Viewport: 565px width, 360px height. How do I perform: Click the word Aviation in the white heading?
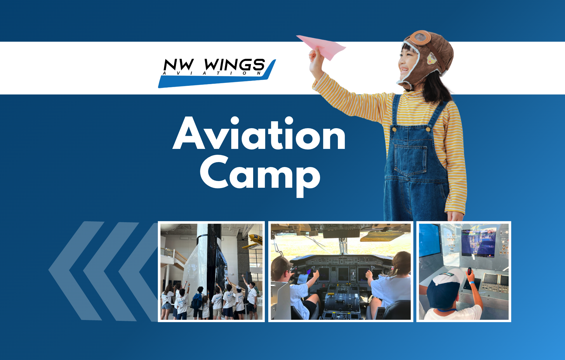click(x=259, y=133)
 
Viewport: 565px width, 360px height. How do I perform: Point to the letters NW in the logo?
click(x=179, y=65)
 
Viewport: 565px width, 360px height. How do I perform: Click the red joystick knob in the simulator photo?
click(x=469, y=270)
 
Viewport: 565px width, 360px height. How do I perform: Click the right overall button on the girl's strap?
click(x=428, y=129)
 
